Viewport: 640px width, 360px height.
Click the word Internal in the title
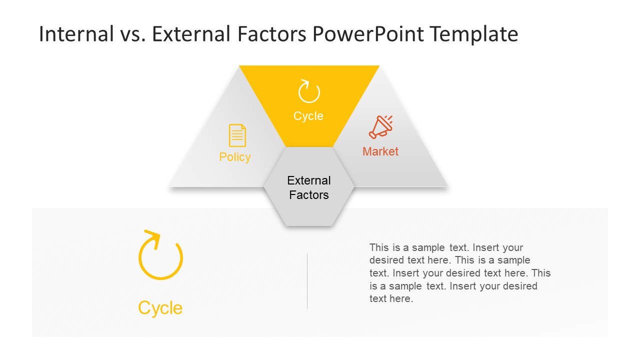click(x=76, y=34)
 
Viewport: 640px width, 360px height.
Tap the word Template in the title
click(x=473, y=34)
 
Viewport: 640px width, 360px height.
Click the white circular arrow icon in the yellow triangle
click(x=309, y=91)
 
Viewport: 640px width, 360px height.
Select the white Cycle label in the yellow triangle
click(x=308, y=116)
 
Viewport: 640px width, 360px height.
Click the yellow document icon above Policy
click(x=237, y=135)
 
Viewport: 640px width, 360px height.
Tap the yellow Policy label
click(x=235, y=157)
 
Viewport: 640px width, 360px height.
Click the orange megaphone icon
click(x=380, y=127)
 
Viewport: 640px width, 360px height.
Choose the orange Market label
click(x=380, y=151)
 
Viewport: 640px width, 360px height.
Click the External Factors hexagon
click(x=309, y=205)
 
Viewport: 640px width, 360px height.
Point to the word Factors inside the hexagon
click(x=309, y=195)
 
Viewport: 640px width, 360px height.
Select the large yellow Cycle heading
click(x=160, y=308)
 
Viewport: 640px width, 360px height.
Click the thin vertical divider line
click(x=307, y=280)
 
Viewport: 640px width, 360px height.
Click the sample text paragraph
click(x=459, y=273)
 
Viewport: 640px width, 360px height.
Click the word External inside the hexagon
click(x=309, y=180)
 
